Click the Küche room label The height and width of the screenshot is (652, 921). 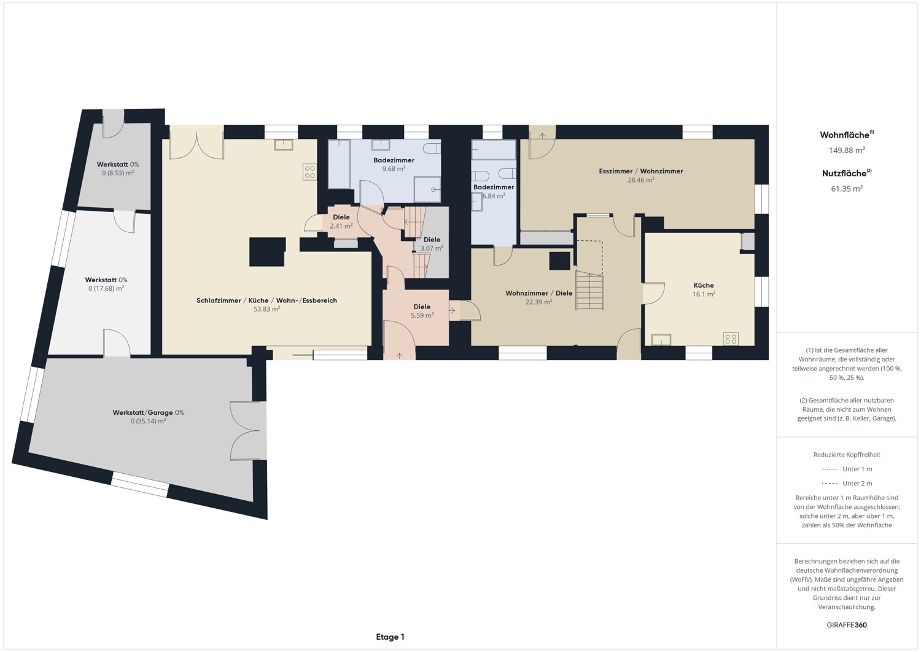(704, 285)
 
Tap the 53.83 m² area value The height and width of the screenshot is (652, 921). (267, 309)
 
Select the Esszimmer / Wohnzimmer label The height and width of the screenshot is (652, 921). (640, 171)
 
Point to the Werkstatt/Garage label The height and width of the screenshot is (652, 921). (142, 412)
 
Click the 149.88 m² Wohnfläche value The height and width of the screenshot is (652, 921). (847, 150)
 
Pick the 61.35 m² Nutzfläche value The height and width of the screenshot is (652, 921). (847, 189)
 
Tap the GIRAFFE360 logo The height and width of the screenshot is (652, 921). (847, 625)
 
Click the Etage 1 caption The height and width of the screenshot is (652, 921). (390, 637)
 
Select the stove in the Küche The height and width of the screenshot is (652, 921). (731, 339)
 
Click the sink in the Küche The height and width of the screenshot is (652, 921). (661, 340)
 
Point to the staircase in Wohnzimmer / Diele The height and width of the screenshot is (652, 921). (589, 289)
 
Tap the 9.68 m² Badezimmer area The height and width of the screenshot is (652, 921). (394, 169)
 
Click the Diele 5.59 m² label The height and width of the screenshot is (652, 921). (422, 311)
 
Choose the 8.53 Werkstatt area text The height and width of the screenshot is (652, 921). (118, 173)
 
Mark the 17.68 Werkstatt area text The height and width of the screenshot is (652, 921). (106, 289)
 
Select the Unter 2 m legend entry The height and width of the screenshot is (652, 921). (847, 483)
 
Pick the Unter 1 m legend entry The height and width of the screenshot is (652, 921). (847, 469)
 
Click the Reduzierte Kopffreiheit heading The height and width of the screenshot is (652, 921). (847, 455)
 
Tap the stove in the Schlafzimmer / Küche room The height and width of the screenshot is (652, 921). (310, 172)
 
